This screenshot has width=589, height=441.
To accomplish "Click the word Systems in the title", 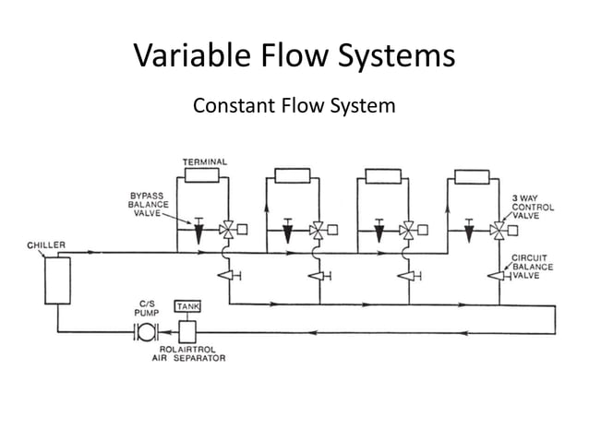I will (395, 57).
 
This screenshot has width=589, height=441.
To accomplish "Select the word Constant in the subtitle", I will (231, 107).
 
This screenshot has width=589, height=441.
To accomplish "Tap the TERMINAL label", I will (204, 162).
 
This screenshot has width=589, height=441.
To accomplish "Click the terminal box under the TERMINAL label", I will (202, 176).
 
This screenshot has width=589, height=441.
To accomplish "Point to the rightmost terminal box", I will (471, 176).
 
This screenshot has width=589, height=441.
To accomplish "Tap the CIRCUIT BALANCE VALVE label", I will (532, 267).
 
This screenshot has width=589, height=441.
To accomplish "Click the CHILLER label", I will (44, 245).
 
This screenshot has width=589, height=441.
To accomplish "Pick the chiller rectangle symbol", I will (57, 280).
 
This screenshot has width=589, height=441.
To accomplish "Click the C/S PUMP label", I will (148, 307).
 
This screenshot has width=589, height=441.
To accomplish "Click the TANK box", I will (187, 307).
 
